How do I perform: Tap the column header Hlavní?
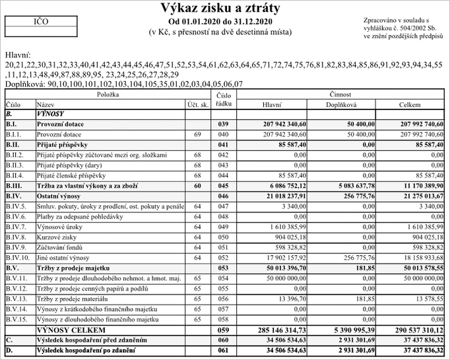[x=272, y=104]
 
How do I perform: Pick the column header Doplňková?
[x=341, y=104]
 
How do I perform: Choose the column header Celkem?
[x=409, y=104]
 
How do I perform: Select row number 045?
[x=224, y=186]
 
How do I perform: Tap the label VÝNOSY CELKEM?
[x=71, y=330]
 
